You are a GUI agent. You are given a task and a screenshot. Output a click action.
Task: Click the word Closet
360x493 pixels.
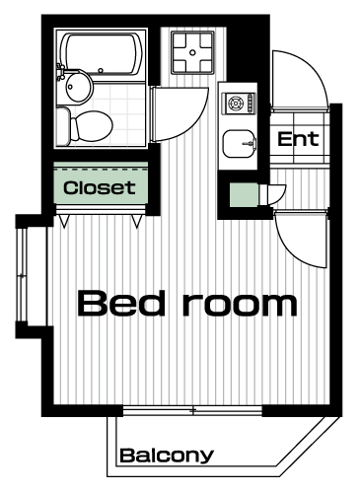point(100,187)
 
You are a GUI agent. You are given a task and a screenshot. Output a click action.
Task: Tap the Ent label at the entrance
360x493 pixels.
point(298,139)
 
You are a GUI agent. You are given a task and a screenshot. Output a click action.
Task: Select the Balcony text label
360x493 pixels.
point(167,456)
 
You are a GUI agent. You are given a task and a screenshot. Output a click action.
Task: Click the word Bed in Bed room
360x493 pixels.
point(121,304)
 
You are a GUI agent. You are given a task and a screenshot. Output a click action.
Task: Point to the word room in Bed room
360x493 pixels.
point(240,306)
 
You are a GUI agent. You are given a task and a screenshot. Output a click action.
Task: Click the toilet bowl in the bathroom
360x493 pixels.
point(92,126)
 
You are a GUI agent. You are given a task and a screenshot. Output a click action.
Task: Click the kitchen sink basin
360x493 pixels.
point(240,144)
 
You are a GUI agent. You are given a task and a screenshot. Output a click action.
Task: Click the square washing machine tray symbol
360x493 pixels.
point(192,52)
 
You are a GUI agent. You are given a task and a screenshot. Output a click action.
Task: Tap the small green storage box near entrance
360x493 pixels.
point(244,195)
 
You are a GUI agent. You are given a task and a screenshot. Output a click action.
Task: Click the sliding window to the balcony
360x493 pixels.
point(192,410)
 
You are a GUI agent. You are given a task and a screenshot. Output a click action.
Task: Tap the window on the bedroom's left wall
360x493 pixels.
point(22,275)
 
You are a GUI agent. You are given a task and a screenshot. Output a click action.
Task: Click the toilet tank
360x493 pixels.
point(63,126)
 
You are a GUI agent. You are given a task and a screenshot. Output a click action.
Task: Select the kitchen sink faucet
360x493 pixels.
point(251,144)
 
